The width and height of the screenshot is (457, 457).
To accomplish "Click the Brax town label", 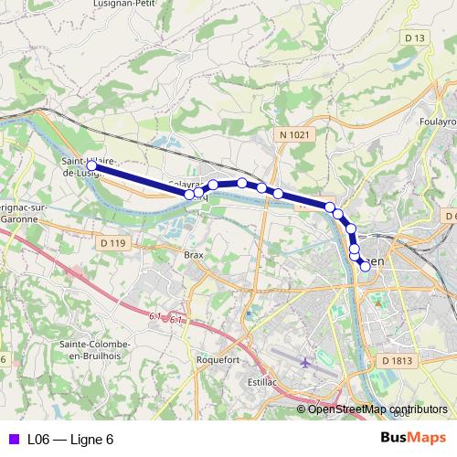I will (193, 255).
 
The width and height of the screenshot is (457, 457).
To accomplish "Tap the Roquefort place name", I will (218, 360).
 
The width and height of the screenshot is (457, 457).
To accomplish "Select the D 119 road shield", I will (112, 243).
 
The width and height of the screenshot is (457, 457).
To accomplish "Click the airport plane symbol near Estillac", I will (304, 363).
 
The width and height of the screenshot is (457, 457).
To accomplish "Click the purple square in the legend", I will (13, 440).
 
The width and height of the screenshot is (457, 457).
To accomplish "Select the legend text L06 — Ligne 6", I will (70, 440).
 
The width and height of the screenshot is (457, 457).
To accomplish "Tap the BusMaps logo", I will (415, 440).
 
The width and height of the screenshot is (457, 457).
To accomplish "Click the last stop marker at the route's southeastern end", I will (365, 266).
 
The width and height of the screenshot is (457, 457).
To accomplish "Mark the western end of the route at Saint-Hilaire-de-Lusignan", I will (92, 165).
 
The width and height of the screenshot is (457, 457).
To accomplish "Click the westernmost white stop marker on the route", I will (190, 194).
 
